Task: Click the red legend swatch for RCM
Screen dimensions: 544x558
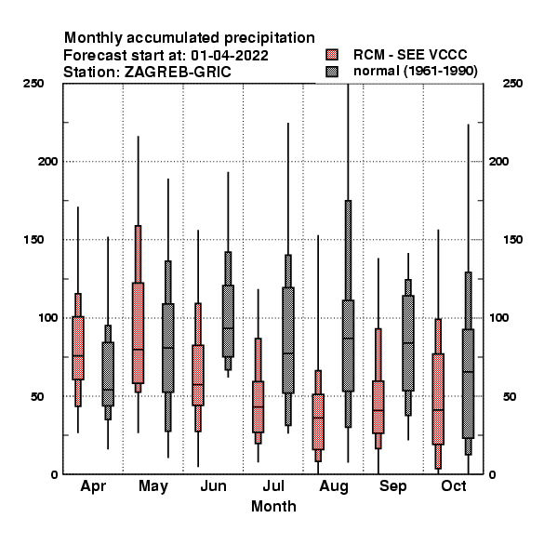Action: (x=332, y=55)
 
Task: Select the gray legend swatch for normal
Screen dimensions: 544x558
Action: (x=332, y=72)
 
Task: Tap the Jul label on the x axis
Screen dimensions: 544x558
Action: (x=273, y=485)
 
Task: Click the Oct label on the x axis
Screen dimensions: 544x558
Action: (x=453, y=485)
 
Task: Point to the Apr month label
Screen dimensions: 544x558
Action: (x=93, y=486)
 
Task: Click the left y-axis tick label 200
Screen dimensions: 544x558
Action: (x=47, y=161)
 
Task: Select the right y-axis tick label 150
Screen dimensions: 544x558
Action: (x=512, y=240)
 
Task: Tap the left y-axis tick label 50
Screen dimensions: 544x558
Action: (x=37, y=396)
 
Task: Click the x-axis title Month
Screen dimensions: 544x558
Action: (x=273, y=506)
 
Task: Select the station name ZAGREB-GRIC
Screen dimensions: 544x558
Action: (x=178, y=72)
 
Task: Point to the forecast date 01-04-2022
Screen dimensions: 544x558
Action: (x=230, y=56)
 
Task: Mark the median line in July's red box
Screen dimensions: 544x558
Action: (x=258, y=406)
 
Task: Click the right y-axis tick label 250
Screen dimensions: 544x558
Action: (x=512, y=84)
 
